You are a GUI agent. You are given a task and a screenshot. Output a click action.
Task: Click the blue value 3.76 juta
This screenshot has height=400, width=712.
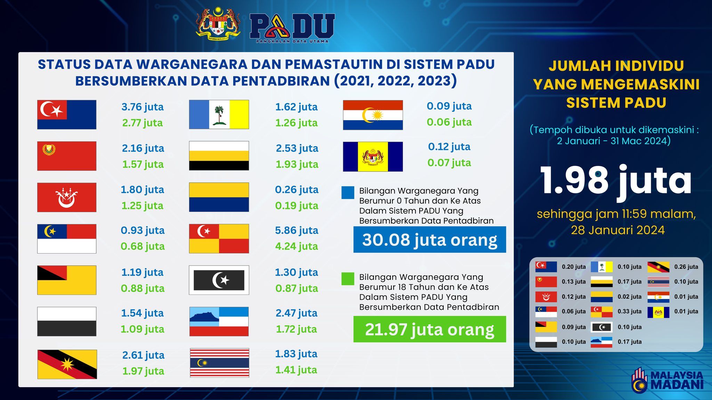point(143,107)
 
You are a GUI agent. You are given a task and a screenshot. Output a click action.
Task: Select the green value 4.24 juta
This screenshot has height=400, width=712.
point(297,246)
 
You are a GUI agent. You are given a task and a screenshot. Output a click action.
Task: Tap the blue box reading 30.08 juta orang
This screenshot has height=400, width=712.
point(430,240)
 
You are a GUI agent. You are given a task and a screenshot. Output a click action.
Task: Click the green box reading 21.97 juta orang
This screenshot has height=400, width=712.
point(430,329)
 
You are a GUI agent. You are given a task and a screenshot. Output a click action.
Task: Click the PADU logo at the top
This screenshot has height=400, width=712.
point(292,28)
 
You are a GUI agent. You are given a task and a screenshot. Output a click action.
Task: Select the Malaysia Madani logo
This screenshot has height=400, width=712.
point(667,381)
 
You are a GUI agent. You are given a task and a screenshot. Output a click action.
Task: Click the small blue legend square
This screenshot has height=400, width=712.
point(348,193)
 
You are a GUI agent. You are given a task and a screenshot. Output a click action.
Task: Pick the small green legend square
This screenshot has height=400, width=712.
point(348,279)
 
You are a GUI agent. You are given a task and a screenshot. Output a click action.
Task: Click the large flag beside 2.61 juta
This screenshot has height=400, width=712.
point(67,364)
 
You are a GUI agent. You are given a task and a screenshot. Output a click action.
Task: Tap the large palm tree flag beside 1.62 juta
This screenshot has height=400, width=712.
point(219,115)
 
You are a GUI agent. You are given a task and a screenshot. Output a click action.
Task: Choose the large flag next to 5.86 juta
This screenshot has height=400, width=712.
point(219,239)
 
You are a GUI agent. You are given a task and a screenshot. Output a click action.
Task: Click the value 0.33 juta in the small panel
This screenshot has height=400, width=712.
point(630,311)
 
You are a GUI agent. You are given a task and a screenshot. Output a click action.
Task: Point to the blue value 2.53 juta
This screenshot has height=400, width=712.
point(297,148)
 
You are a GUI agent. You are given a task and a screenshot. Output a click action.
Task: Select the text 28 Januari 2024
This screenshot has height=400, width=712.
point(618,230)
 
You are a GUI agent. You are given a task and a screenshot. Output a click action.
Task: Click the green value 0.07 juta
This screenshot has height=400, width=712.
point(449,162)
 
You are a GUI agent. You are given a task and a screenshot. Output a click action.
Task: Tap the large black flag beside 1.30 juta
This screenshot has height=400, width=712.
point(219,280)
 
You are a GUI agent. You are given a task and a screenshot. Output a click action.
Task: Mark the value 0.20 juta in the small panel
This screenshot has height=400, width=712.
point(574,267)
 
